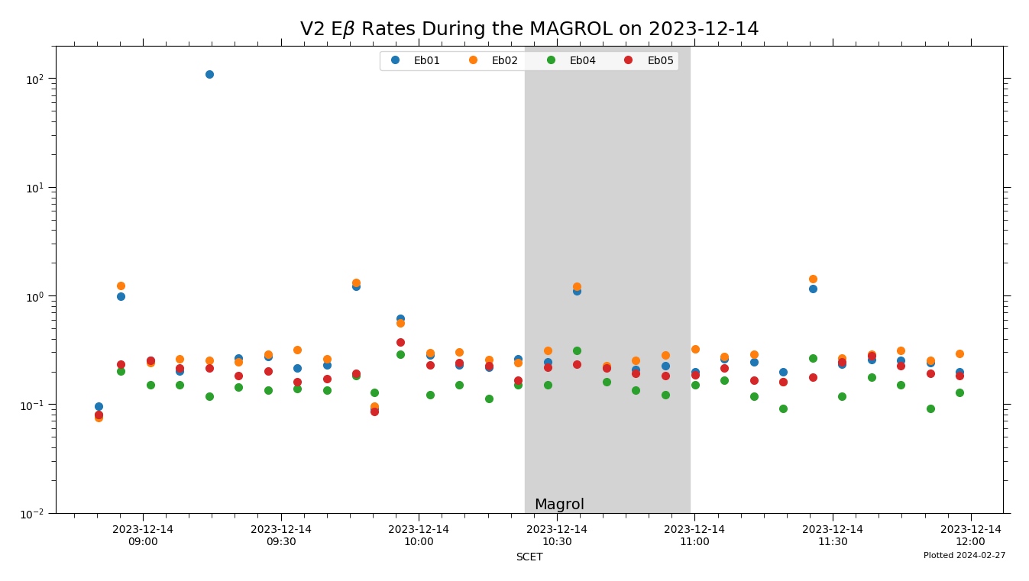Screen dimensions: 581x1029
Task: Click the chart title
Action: coord(529,29)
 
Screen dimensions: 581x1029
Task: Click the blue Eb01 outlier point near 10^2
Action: coord(209,74)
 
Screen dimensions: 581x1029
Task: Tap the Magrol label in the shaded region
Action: coord(559,505)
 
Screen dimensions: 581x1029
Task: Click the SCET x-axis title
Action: coord(529,557)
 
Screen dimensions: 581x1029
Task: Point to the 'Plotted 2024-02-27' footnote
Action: coord(964,556)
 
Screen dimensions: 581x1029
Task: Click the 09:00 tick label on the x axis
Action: coord(143,535)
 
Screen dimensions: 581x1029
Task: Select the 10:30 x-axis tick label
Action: coord(557,535)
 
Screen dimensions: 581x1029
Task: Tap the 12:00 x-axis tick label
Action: coord(970,535)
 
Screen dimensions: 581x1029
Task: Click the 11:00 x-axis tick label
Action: coord(694,535)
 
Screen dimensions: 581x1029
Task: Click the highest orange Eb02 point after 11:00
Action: coord(813,279)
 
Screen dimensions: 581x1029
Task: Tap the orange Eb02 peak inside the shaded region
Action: coord(577,286)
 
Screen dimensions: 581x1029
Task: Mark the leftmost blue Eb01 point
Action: coord(99,406)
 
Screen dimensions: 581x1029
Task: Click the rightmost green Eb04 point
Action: coord(959,392)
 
